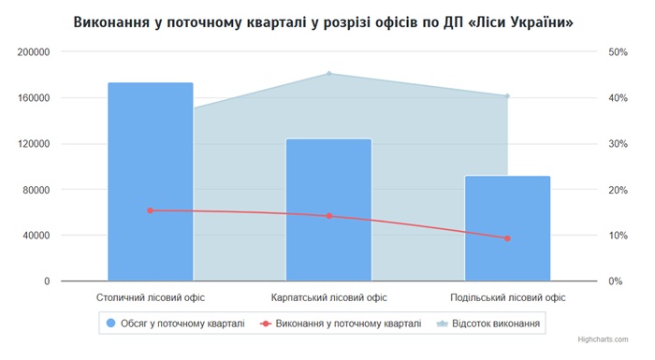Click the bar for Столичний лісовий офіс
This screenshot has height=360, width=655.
point(150,181)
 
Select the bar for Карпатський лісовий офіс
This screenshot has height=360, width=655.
point(328,209)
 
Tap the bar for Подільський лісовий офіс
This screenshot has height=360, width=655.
point(507,228)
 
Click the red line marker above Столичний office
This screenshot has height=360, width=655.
point(150,210)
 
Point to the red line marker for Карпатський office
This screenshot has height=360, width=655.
point(328,216)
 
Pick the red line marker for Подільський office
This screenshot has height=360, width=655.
point(507,238)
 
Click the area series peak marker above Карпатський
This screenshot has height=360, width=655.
point(328,74)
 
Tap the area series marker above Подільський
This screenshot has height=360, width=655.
point(507,96)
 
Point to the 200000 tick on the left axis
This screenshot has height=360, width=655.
point(34,52)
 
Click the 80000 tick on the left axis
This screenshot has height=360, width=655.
point(36,190)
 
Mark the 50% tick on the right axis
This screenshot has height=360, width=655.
point(618,52)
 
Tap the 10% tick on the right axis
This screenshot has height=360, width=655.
point(618,236)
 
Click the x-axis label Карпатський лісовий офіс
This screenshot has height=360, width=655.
point(328,297)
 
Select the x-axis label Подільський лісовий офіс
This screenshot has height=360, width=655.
point(507,297)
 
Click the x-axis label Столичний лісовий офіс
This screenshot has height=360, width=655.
point(150,297)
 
